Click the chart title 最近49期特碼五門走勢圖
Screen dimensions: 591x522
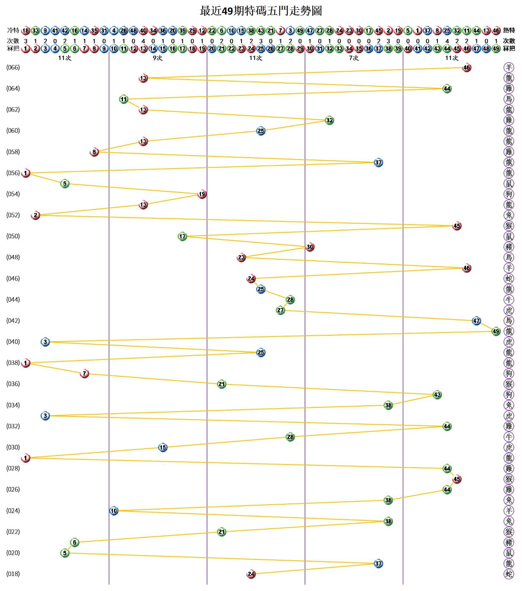(261, 11)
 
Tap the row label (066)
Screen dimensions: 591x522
(13, 67)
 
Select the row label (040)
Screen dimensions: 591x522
(13, 342)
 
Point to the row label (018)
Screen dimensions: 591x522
(13, 574)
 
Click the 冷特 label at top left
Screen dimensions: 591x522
(13, 30)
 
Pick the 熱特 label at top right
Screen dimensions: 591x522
(509, 30)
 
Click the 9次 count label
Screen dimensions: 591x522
(158, 58)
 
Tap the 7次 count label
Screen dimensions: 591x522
(354, 58)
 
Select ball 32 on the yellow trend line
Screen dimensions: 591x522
(329, 120)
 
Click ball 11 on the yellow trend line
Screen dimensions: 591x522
(124, 99)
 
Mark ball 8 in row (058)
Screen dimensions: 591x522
(94, 152)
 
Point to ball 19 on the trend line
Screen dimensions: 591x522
(202, 194)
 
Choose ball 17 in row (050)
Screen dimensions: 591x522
(182, 236)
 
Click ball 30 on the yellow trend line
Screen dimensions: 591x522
(310, 247)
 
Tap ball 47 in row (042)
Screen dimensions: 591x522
(476, 321)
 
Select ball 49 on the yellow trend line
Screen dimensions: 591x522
(496, 331)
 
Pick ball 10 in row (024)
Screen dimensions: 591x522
(114, 511)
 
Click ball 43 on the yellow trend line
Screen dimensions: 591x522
(437, 395)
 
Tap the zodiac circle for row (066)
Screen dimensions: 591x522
(509, 67)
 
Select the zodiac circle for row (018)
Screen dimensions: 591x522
(509, 574)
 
